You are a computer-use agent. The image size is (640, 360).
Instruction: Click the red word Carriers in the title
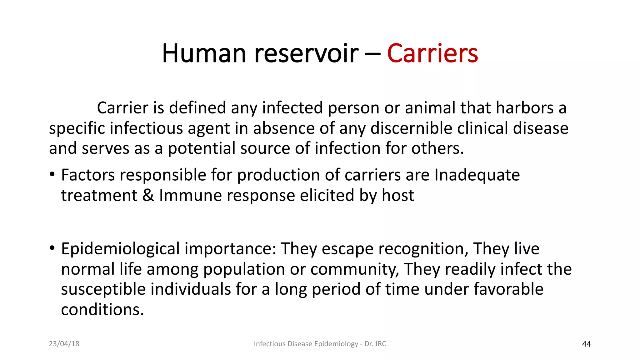[x=432, y=53]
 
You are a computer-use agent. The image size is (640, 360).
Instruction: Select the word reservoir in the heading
[x=306, y=53]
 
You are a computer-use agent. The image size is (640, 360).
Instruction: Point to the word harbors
[x=525, y=108]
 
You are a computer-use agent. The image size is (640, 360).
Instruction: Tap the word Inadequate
[x=477, y=175]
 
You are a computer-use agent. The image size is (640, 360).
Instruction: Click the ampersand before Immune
[x=148, y=195]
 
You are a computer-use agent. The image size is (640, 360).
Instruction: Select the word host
[x=398, y=195]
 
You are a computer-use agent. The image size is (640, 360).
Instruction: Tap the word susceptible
[x=103, y=289]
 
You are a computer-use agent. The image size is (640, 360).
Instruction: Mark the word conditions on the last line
[x=102, y=310]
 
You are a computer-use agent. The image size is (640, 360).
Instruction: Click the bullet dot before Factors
[x=52, y=174]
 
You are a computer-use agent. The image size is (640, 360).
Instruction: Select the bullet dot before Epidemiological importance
[x=52, y=248]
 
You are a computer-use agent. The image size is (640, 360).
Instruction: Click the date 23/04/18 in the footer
[x=64, y=344]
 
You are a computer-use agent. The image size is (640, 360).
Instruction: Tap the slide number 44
[x=586, y=344]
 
